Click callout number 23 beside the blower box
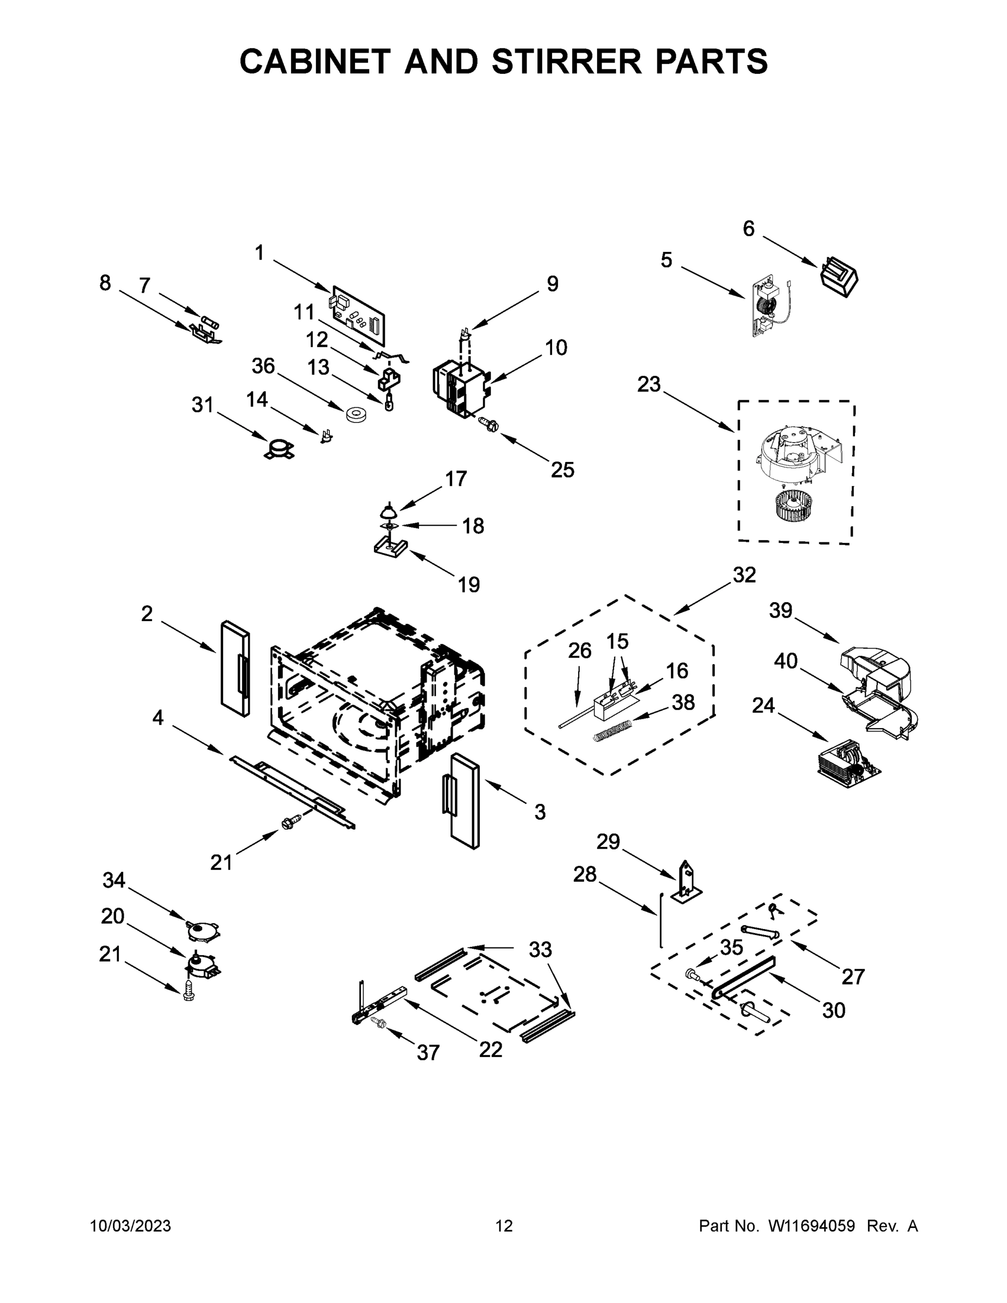649,384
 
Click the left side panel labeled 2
235,669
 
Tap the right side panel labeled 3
465,800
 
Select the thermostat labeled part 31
279,448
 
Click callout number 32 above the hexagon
744,574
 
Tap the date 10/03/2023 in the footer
130,1226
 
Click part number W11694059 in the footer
812,1226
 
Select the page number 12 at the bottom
504,1226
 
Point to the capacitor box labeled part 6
840,276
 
